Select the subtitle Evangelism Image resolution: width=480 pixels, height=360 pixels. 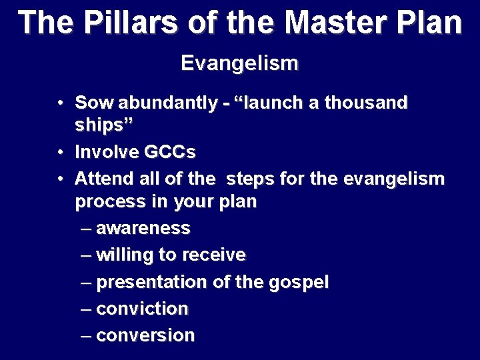tap(239, 64)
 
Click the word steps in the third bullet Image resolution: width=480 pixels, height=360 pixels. tap(249, 179)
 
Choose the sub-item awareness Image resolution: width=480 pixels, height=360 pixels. tap(143, 228)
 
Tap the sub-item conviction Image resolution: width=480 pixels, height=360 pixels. tap(142, 309)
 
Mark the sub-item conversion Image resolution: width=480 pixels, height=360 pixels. tap(145, 335)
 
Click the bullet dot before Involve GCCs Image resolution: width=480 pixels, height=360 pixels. tap(61, 152)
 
